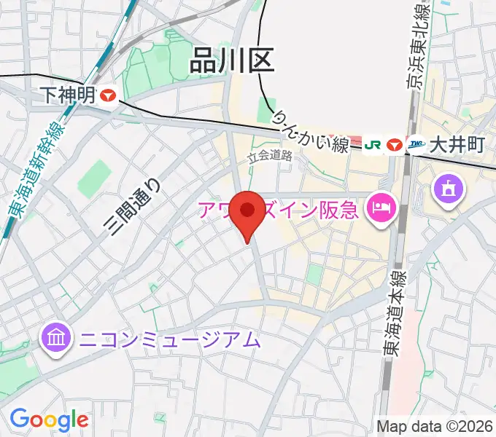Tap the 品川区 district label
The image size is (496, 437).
tap(231, 60)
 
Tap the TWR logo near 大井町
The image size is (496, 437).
tap(416, 145)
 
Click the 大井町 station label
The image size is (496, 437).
tap(457, 144)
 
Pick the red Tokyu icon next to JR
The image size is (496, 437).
tap(395, 145)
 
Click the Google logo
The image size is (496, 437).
tap(49, 420)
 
